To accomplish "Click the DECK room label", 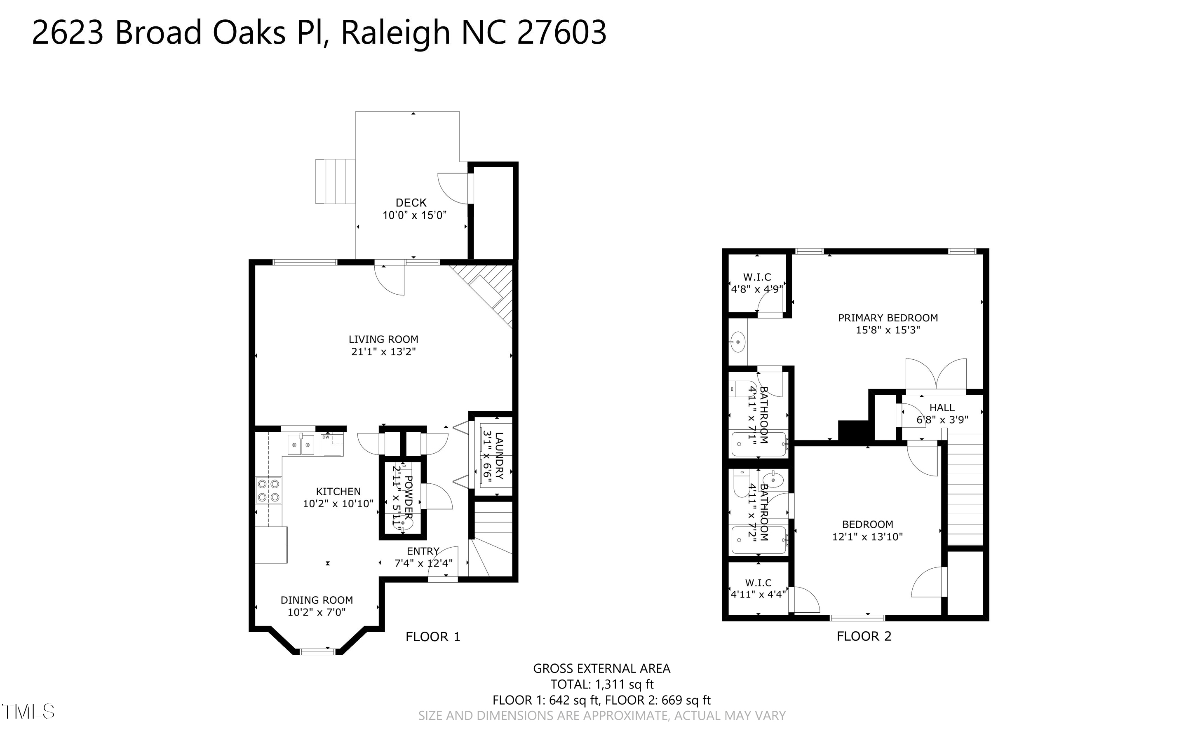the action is (x=411, y=202).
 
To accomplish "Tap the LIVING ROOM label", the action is (x=383, y=339).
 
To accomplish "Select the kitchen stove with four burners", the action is (x=268, y=490).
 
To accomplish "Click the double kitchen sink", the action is (x=301, y=445).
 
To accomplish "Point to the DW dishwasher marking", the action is (x=326, y=436).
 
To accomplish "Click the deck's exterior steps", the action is (x=335, y=181).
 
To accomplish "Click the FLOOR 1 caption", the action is (x=433, y=637).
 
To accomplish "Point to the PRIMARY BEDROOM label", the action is (x=888, y=318).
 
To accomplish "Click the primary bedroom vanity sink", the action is (x=737, y=341).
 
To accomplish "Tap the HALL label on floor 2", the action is (x=942, y=408).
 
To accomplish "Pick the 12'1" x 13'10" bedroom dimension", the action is (x=867, y=536).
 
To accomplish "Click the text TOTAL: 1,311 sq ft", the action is (x=602, y=684).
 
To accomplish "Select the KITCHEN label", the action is (x=338, y=491).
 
